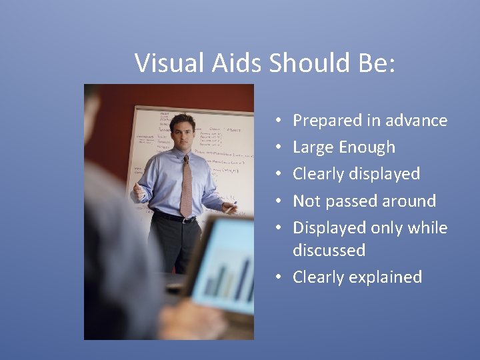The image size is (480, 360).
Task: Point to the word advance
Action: tap(415, 121)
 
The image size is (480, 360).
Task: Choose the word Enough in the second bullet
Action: tap(367, 147)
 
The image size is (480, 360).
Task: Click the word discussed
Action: tap(329, 250)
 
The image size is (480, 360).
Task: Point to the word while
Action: tap(427, 227)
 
